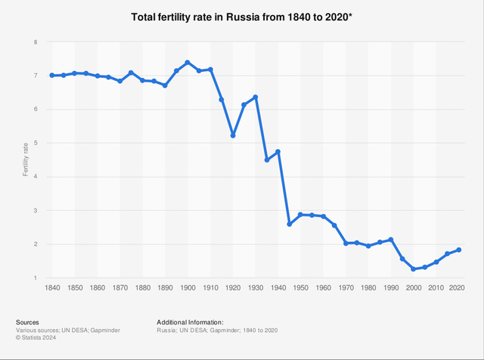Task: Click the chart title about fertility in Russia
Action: click(242, 16)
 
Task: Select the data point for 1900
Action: click(188, 62)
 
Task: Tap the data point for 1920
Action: click(233, 135)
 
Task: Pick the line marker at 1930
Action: click(256, 97)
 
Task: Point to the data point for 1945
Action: click(290, 224)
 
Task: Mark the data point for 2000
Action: click(414, 269)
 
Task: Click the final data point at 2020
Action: click(459, 250)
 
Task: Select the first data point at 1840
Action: click(51, 75)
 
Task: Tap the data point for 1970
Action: click(346, 243)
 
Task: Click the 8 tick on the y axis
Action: click(35, 42)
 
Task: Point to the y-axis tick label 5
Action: click(35, 143)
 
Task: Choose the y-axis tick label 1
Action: click(35, 278)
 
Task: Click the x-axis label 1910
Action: click(210, 287)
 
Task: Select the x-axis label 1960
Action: click(323, 287)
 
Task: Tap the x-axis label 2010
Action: click(436, 287)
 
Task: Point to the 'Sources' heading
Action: click(27, 322)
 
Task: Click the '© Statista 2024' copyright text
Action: click(36, 339)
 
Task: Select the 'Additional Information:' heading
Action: click(190, 322)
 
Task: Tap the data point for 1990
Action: click(391, 240)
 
